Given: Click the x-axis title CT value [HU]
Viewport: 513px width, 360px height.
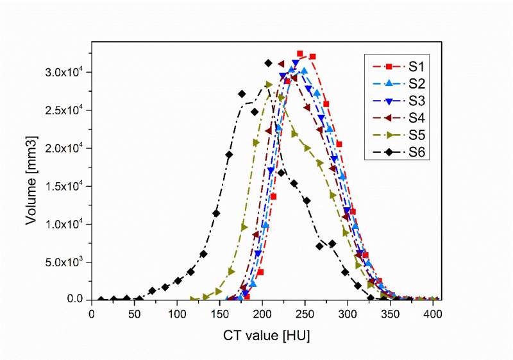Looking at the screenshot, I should [263, 336].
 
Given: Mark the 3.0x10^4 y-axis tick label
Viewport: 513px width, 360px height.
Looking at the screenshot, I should [69, 72].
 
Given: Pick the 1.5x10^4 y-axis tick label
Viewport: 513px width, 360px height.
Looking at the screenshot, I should [69, 186].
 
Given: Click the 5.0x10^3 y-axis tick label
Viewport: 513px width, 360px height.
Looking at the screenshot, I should [69, 262].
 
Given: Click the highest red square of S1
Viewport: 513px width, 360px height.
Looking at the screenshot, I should [299, 54].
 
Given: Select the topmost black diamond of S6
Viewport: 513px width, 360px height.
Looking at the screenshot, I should [268, 63].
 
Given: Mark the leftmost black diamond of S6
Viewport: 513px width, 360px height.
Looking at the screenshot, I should [101, 300].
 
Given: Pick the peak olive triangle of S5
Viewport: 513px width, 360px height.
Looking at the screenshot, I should [269, 85].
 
